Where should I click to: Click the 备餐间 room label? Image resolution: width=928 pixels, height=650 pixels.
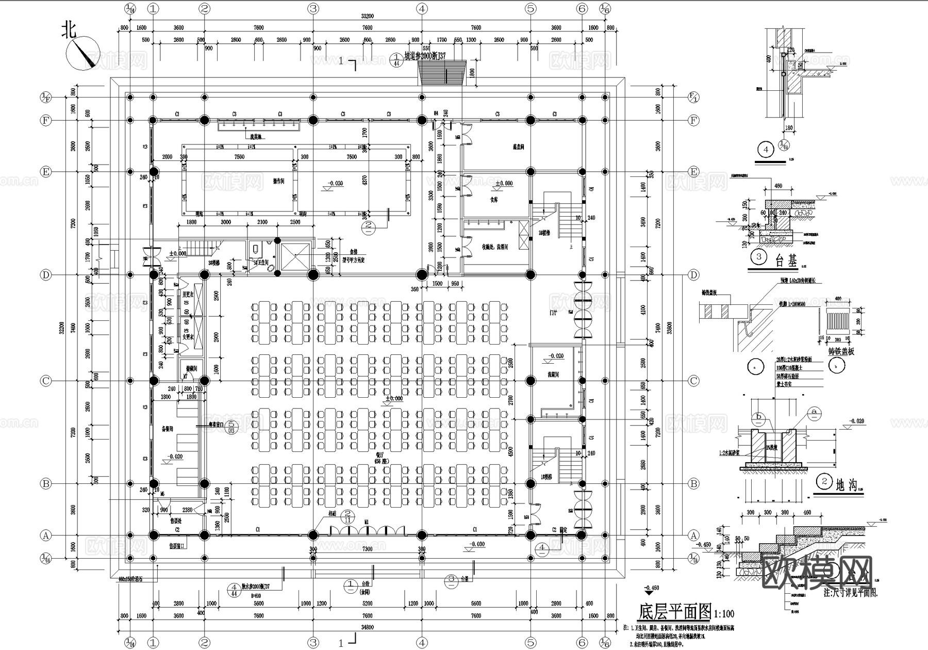click(167, 429)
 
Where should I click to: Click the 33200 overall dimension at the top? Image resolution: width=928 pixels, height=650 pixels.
click(367, 17)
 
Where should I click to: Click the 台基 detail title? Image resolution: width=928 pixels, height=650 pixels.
click(786, 262)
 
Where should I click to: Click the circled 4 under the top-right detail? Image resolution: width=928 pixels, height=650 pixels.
click(766, 150)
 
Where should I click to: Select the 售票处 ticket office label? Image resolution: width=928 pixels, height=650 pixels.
click(176, 521)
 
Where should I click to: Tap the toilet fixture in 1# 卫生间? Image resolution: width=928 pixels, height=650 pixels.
click(256, 250)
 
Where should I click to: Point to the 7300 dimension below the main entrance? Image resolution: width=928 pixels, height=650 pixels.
click(367, 549)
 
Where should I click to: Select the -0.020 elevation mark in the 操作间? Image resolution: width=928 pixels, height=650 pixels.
click(336, 184)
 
